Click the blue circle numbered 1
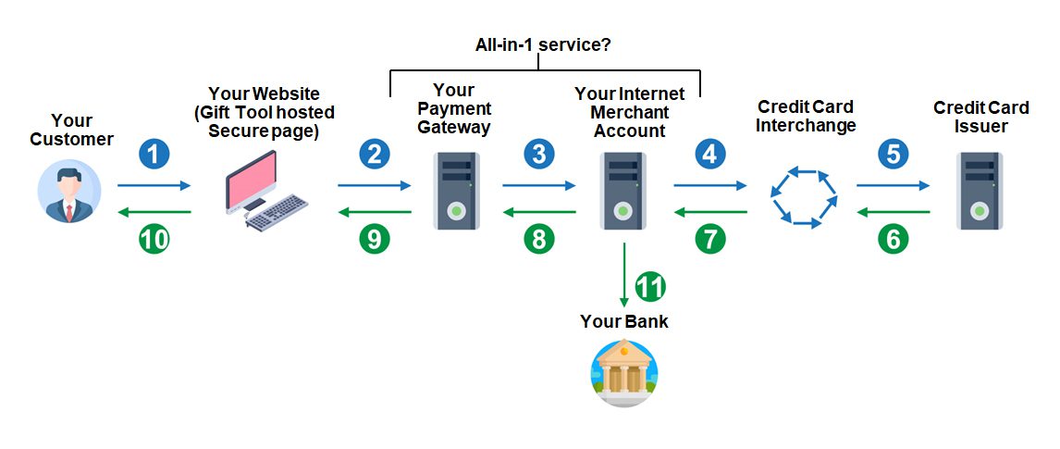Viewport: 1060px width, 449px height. (x=154, y=153)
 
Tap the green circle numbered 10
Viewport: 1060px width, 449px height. (x=154, y=239)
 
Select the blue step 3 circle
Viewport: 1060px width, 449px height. (x=539, y=153)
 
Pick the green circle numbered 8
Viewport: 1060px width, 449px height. (x=539, y=239)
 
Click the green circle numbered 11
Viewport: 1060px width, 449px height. (x=651, y=286)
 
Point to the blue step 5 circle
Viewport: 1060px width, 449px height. (x=893, y=153)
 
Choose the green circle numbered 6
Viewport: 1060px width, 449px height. (x=893, y=239)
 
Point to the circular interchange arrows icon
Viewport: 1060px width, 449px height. (x=803, y=196)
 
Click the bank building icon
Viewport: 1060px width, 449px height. (x=623, y=373)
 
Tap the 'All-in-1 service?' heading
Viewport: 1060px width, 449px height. (x=543, y=44)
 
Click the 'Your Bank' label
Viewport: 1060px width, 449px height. (x=623, y=322)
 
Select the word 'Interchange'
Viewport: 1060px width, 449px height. (x=806, y=125)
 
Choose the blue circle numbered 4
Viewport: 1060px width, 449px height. (x=709, y=153)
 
